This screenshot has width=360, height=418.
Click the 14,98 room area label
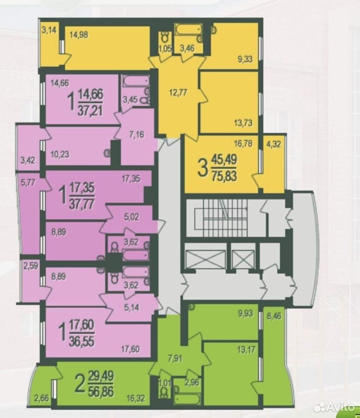point(79,35)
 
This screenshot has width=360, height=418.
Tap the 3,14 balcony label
point(49,30)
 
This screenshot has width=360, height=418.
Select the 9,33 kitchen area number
point(245,59)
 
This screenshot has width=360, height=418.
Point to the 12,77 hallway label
point(179,93)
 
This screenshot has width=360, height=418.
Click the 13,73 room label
point(243,123)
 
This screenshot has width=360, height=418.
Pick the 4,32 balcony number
point(274,144)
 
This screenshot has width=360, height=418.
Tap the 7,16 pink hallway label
point(137,135)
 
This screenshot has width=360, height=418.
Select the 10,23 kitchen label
point(60,154)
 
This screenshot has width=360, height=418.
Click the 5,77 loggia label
point(28,183)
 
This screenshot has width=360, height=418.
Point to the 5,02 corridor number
point(132,217)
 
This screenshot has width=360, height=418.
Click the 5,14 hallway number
point(132,307)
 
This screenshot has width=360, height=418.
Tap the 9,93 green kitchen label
point(245,313)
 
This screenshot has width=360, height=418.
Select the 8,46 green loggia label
point(274,317)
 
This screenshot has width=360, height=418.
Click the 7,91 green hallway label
point(175,358)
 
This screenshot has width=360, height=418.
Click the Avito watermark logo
point(335,407)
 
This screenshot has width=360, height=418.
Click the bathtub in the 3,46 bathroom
point(188,29)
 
